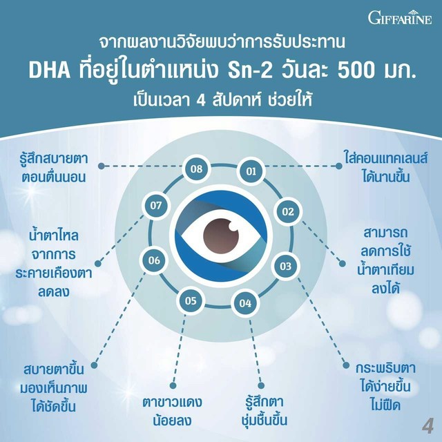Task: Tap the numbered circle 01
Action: pos(251,171)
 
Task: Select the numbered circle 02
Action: pos(288,211)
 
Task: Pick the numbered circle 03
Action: pos(285,266)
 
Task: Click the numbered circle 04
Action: pos(245,303)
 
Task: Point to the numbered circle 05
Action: pos(191,300)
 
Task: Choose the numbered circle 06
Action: pos(154,260)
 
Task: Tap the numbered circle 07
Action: pos(156,206)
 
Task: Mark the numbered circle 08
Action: pos(196,169)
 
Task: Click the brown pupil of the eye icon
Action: pos(221,236)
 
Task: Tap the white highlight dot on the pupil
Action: pos(233,226)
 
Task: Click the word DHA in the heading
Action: pos(50,70)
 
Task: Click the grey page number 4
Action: pos(428,427)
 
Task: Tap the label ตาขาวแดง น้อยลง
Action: pos(172,412)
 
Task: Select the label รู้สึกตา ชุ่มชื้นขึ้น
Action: pos(264,411)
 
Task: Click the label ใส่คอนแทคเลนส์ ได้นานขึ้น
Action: pos(386,167)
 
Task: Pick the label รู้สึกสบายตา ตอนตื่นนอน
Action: pos(54,167)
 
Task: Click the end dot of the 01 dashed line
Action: pos(339,166)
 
